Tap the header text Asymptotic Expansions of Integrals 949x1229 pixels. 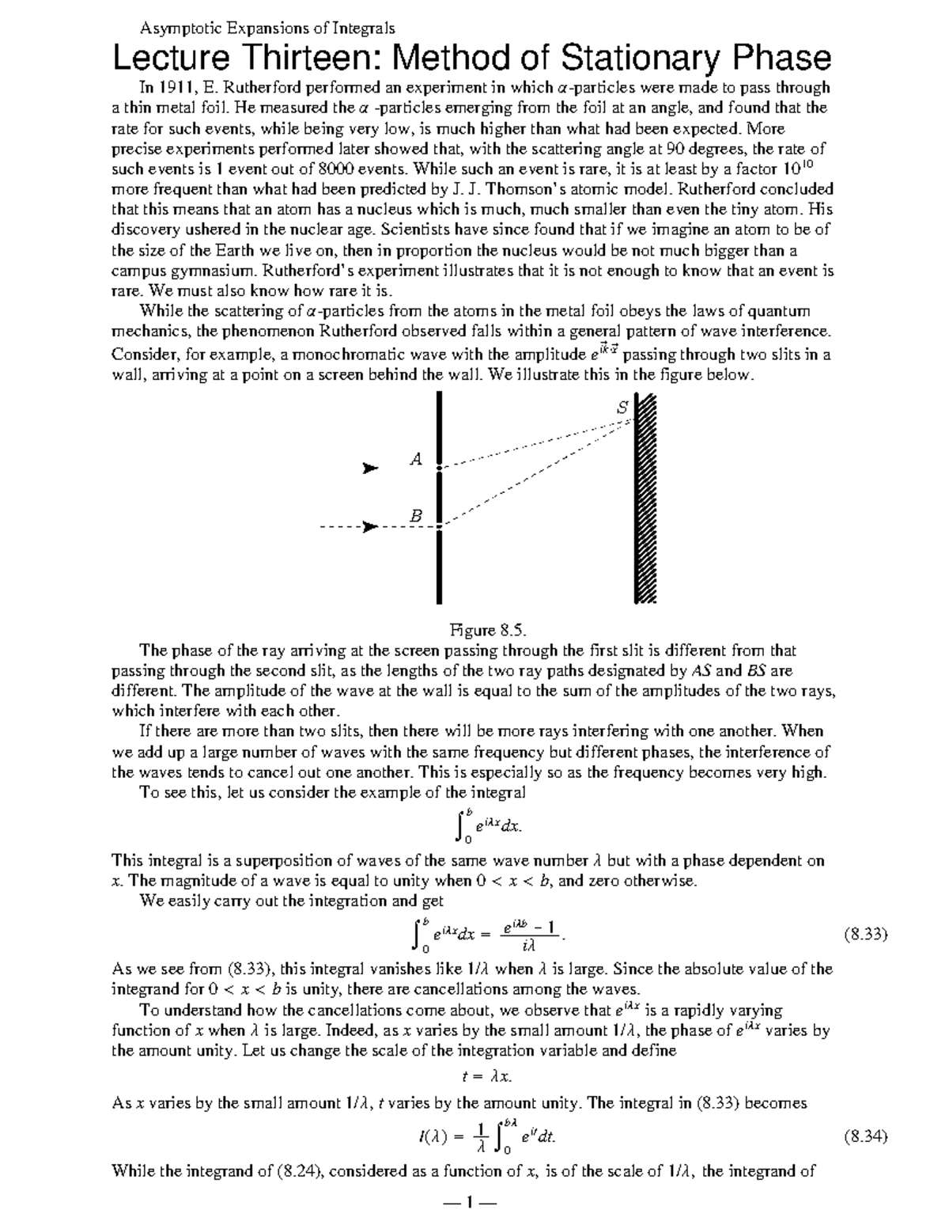(x=267, y=28)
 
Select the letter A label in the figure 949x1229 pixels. (x=416, y=458)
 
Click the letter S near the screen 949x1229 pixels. (x=622, y=408)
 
